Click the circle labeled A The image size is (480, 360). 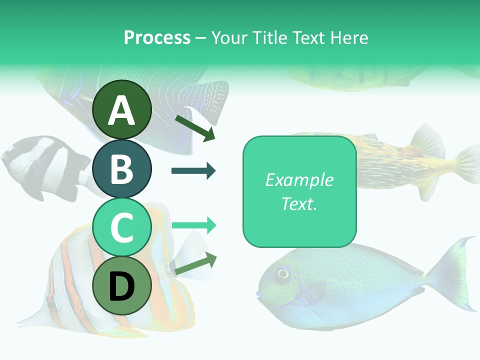coord(122,109)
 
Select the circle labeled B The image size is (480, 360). coord(122,168)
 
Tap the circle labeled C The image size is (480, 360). coord(122,227)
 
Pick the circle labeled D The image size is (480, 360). coord(122,286)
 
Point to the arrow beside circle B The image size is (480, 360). coord(193,171)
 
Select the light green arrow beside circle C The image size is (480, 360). coord(193,225)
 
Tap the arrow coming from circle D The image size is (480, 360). coord(195,263)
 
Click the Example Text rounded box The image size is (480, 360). coord(299,191)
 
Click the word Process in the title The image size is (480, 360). coord(157,37)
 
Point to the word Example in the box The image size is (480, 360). coord(299,180)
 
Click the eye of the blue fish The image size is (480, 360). coord(283,273)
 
